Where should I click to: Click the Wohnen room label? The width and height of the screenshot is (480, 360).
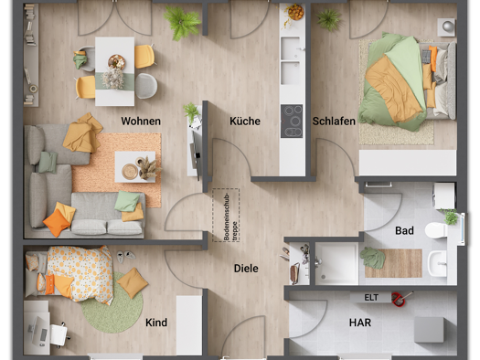pyautogui.click(x=141, y=122)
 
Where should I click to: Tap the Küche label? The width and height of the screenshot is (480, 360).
pyautogui.click(x=245, y=122)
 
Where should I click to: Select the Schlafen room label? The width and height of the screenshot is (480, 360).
pyautogui.click(x=334, y=122)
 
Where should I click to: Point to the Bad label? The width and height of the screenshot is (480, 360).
pyautogui.click(x=404, y=230)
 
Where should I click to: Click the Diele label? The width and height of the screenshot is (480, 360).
pyautogui.click(x=246, y=269)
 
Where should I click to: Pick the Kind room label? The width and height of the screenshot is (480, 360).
pyautogui.click(x=156, y=323)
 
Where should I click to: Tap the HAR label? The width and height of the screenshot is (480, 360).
pyautogui.click(x=360, y=323)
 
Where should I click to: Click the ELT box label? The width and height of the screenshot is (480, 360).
pyautogui.click(x=371, y=297)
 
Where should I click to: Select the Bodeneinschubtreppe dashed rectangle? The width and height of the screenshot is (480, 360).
pyautogui.click(x=226, y=216)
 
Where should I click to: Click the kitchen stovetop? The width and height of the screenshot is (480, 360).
pyautogui.click(x=292, y=122)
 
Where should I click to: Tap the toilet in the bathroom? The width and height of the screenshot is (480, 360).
pyautogui.click(x=437, y=230)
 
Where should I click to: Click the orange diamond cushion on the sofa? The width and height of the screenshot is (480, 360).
pyautogui.click(x=57, y=223)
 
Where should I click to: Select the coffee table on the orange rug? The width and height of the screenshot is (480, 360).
pyautogui.click(x=135, y=167)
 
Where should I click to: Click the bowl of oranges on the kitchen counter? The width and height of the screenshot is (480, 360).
pyautogui.click(x=295, y=12)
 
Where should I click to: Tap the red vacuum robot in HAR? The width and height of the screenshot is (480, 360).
pyautogui.click(x=399, y=299)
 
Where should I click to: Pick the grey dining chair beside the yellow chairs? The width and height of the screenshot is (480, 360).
pyautogui.click(x=146, y=86)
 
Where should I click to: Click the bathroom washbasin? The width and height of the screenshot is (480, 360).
pyautogui.click(x=437, y=263)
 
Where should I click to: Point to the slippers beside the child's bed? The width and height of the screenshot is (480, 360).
pyautogui.click(x=126, y=256)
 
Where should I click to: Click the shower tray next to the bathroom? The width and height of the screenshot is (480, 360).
pyautogui.click(x=336, y=264)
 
